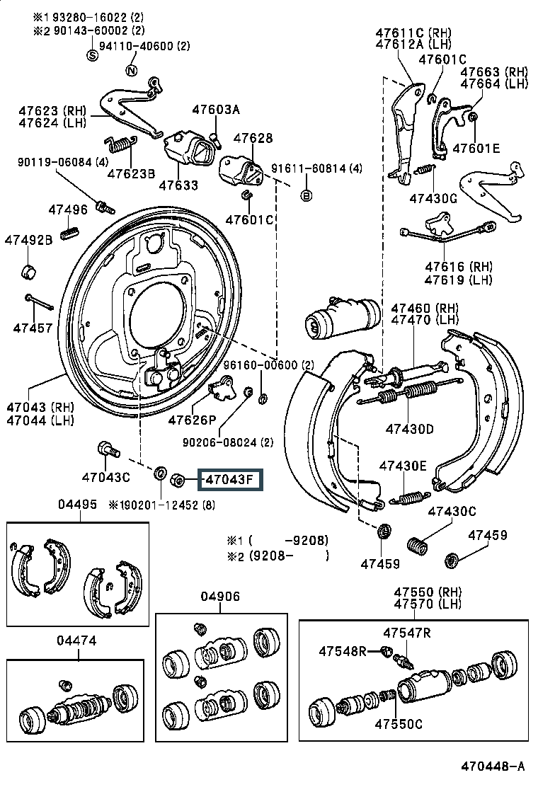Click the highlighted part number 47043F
(229, 481)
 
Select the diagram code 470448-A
(493, 766)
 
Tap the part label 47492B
(28, 240)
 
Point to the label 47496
(68, 209)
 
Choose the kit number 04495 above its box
(77, 505)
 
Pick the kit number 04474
(77, 640)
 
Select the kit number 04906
(220, 597)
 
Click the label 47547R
(407, 633)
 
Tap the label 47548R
(342, 650)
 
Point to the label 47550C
(399, 723)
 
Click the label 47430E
(403, 466)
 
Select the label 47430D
(409, 429)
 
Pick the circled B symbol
(307, 195)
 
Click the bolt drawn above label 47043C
(108, 449)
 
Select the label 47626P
(192, 420)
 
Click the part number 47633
(178, 185)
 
